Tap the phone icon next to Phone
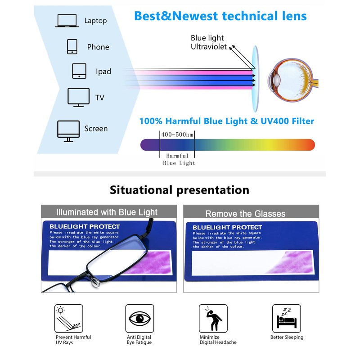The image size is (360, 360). [x=72, y=47]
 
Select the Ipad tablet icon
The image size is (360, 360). [x=79, y=71]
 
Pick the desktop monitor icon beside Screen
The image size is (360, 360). [x=68, y=130]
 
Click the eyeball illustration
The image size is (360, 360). [x=288, y=76]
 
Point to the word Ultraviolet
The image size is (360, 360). [x=209, y=47]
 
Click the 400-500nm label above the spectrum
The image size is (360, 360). [x=177, y=135]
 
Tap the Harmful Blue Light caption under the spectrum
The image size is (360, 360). [x=179, y=159]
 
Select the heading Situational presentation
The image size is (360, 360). [x=180, y=190]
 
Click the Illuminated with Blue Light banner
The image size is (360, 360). [x=106, y=212]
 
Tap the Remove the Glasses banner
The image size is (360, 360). [x=245, y=213]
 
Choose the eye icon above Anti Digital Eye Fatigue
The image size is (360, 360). [x=139, y=319]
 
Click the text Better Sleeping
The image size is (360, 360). [x=287, y=337]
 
